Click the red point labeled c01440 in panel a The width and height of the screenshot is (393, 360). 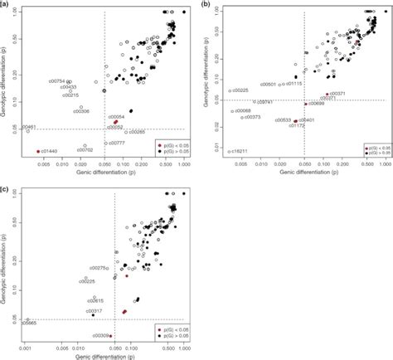(38, 152)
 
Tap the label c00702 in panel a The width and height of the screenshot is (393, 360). (84, 150)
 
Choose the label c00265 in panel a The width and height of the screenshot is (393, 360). (136, 132)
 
